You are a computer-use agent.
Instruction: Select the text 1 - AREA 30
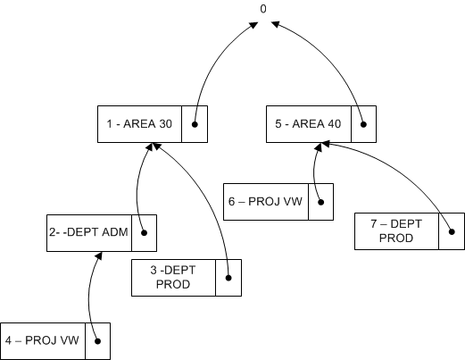click(x=138, y=124)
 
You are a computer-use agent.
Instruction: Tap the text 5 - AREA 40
click(x=307, y=124)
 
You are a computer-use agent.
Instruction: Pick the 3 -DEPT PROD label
click(x=173, y=277)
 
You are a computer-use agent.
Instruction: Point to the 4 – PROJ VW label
click(x=43, y=339)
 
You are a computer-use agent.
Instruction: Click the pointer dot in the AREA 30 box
click(x=195, y=124)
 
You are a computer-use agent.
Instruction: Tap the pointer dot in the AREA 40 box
click(x=362, y=124)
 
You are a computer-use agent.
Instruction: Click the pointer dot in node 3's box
click(x=228, y=277)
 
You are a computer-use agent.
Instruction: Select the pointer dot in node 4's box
click(x=97, y=340)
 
